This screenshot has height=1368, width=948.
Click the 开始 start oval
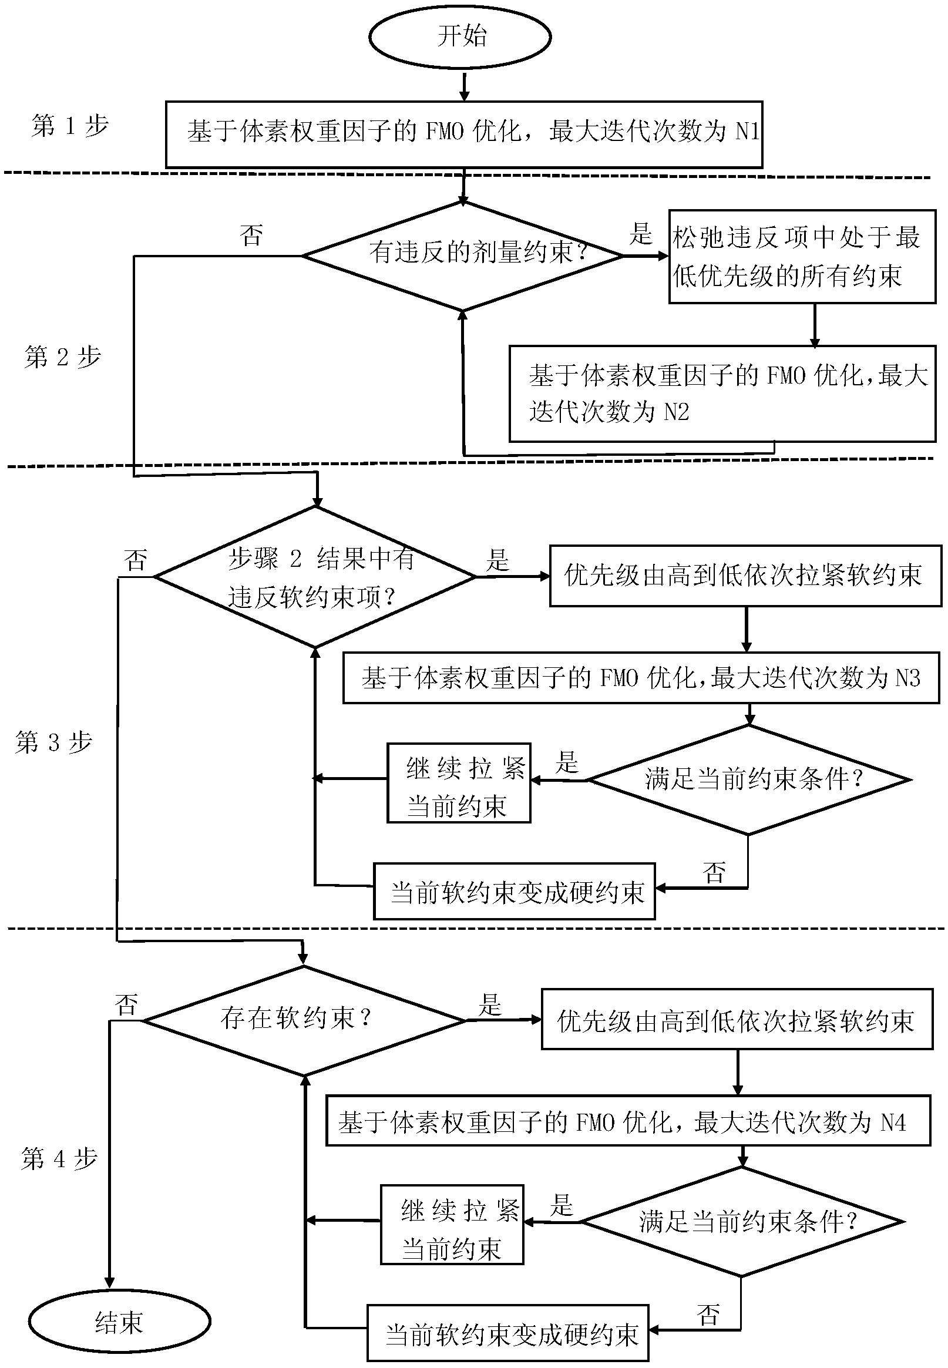460,37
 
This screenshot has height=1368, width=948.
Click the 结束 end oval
119,1322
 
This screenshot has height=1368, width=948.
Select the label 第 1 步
70,126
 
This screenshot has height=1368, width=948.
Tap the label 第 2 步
63,357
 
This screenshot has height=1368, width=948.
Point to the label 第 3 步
54,742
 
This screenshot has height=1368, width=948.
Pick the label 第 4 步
59,1158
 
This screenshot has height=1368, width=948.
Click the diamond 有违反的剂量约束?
463,256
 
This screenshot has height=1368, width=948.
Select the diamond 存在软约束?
304,1020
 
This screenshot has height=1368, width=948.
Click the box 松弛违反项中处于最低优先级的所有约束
802,257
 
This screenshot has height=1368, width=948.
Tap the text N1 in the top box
747,131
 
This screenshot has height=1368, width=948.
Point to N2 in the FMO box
676,412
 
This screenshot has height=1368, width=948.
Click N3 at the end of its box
907,678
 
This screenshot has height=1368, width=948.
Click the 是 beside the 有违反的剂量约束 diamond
641,234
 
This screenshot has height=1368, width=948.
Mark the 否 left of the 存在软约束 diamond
126,1005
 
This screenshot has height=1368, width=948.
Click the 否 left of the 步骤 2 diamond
136,560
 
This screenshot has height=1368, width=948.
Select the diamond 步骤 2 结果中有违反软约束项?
315,576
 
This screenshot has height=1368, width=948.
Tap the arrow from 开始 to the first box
465,86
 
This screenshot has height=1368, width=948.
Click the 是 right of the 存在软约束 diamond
490,1004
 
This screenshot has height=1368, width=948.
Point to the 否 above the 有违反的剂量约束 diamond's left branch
251,235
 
